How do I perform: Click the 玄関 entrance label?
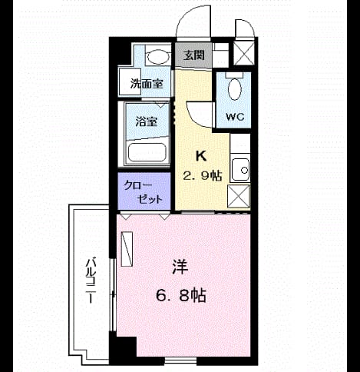point(194,55)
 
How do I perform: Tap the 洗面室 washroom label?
point(147,84)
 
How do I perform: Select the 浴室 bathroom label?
point(147,121)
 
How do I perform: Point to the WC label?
point(235,117)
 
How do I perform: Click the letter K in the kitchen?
point(201,156)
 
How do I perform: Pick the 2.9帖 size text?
point(202,176)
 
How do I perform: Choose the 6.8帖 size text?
point(181,296)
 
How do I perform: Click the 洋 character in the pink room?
point(180,267)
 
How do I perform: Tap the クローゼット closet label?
point(143,192)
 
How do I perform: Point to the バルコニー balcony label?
point(91,281)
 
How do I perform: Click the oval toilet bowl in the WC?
point(235,89)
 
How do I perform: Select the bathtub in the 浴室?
point(147,152)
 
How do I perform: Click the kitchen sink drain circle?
point(244,170)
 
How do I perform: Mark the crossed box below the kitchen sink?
point(239,197)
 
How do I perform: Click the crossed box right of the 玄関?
point(244,53)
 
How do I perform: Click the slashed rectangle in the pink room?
point(127,249)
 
